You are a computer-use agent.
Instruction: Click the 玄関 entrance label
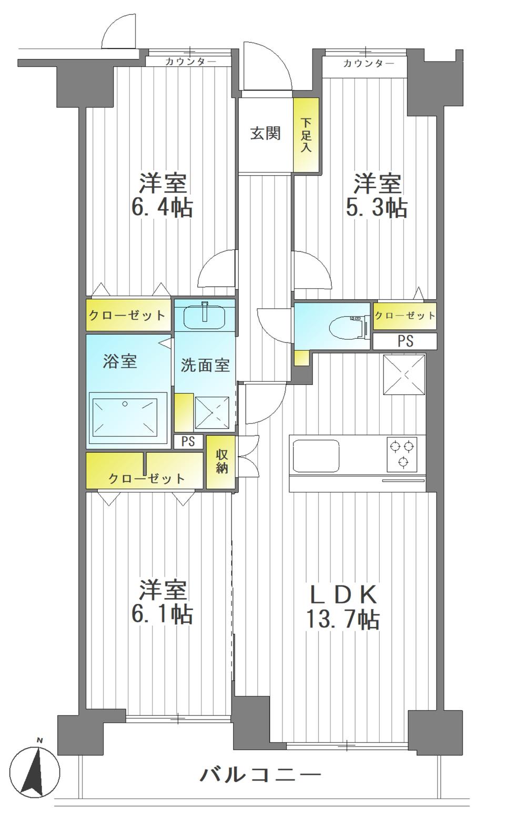[x=265, y=134]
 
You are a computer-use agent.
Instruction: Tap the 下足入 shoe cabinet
[x=306, y=135]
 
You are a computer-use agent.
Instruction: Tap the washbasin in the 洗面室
[x=205, y=316]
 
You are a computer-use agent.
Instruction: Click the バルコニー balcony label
[x=260, y=774]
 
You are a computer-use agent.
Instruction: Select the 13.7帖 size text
[x=342, y=620]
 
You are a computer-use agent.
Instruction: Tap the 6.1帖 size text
[x=162, y=614]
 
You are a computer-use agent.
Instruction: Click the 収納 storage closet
[x=222, y=462]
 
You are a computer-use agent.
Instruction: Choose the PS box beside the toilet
[x=405, y=341]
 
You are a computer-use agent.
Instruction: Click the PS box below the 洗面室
[x=188, y=441]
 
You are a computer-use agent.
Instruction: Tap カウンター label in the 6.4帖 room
[x=190, y=62]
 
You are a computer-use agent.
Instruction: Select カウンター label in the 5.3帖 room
[x=368, y=64]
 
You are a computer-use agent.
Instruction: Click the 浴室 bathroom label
[x=120, y=361]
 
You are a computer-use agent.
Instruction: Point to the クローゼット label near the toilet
[x=404, y=315]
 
